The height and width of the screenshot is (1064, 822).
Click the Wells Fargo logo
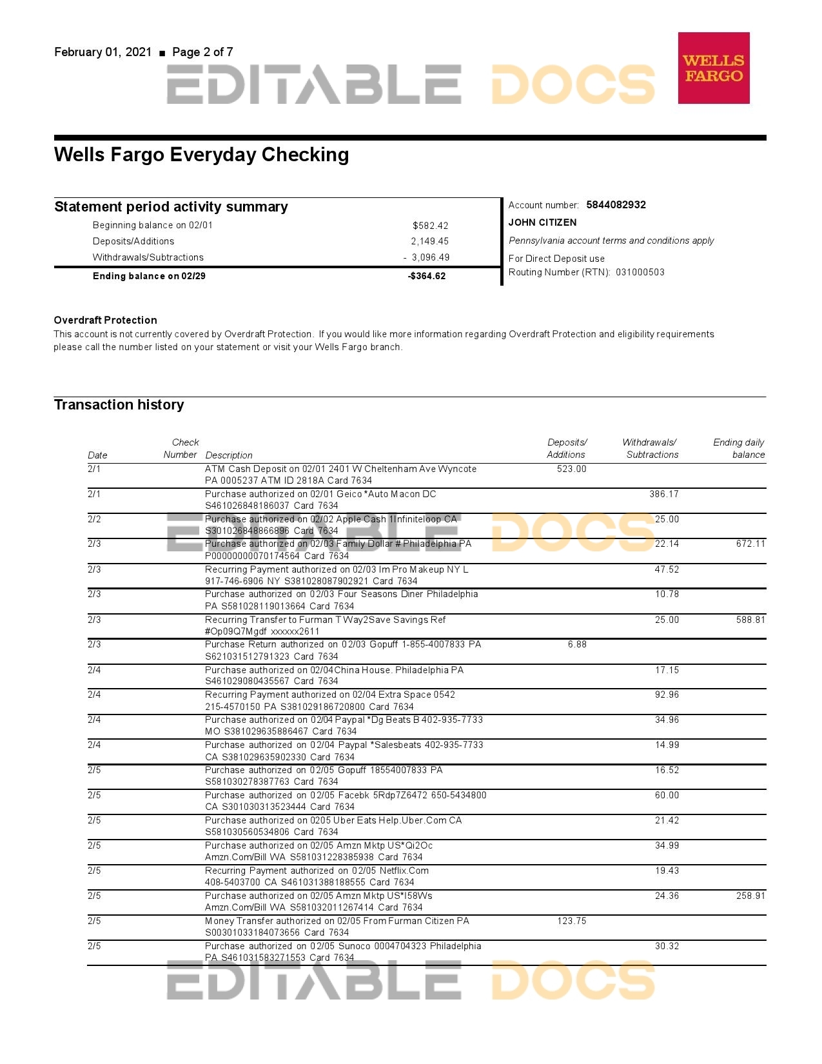coord(713,68)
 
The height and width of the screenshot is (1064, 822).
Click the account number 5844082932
coord(616,205)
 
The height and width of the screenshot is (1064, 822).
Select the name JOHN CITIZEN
coord(542,222)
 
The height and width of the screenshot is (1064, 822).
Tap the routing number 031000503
coord(640,272)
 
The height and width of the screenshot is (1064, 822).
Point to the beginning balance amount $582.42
coord(430,226)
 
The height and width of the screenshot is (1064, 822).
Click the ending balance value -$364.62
coord(427,276)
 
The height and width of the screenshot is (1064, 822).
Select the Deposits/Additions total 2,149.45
coord(429,241)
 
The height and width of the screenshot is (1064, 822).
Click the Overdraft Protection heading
coord(105,320)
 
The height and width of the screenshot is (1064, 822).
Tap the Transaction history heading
coord(119,404)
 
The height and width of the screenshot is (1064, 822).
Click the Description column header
coord(228,455)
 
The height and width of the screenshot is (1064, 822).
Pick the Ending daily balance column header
coord(739,448)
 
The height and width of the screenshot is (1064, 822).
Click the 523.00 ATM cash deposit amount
coord(571,469)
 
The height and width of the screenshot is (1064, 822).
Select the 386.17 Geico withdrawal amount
coord(663,494)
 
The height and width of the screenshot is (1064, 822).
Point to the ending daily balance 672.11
coord(750,544)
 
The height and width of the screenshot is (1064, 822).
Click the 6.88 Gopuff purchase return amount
coord(577,644)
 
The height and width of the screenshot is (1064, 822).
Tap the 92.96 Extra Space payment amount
coord(667,695)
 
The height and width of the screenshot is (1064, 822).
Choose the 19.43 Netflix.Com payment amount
coord(667,871)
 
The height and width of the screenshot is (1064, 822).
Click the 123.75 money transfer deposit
coord(571,921)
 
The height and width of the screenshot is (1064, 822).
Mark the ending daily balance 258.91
coord(750,896)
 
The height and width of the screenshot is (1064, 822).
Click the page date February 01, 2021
coord(103,52)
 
